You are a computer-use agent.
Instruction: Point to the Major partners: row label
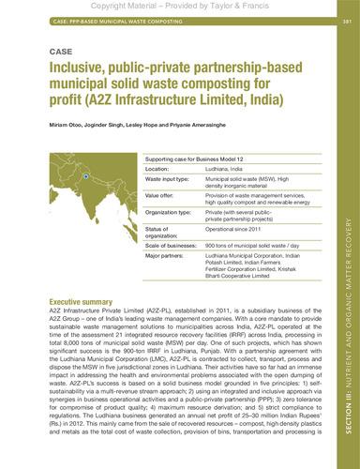pos(165,262)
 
